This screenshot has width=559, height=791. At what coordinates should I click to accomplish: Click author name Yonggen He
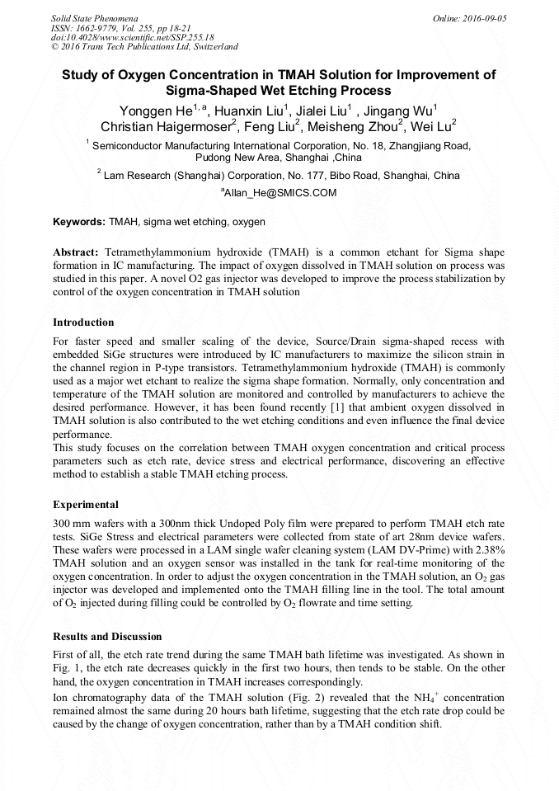coord(148,111)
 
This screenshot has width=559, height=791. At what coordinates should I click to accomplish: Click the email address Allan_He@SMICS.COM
coord(279,193)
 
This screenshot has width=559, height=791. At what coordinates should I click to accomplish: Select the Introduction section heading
coord(83,322)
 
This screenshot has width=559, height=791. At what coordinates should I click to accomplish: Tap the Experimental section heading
coord(86,504)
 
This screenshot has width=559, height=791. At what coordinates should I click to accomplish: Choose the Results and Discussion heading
coord(107,636)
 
